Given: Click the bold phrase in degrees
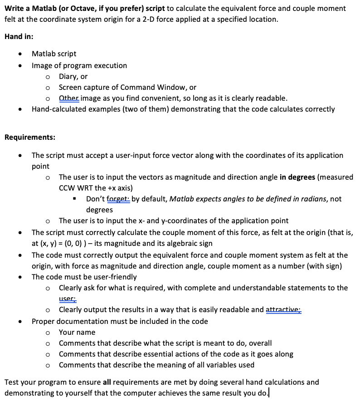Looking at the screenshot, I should (x=297, y=177).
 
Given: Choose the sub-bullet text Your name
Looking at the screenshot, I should (x=77, y=333).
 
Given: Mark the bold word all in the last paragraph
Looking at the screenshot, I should (x=102, y=382).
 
